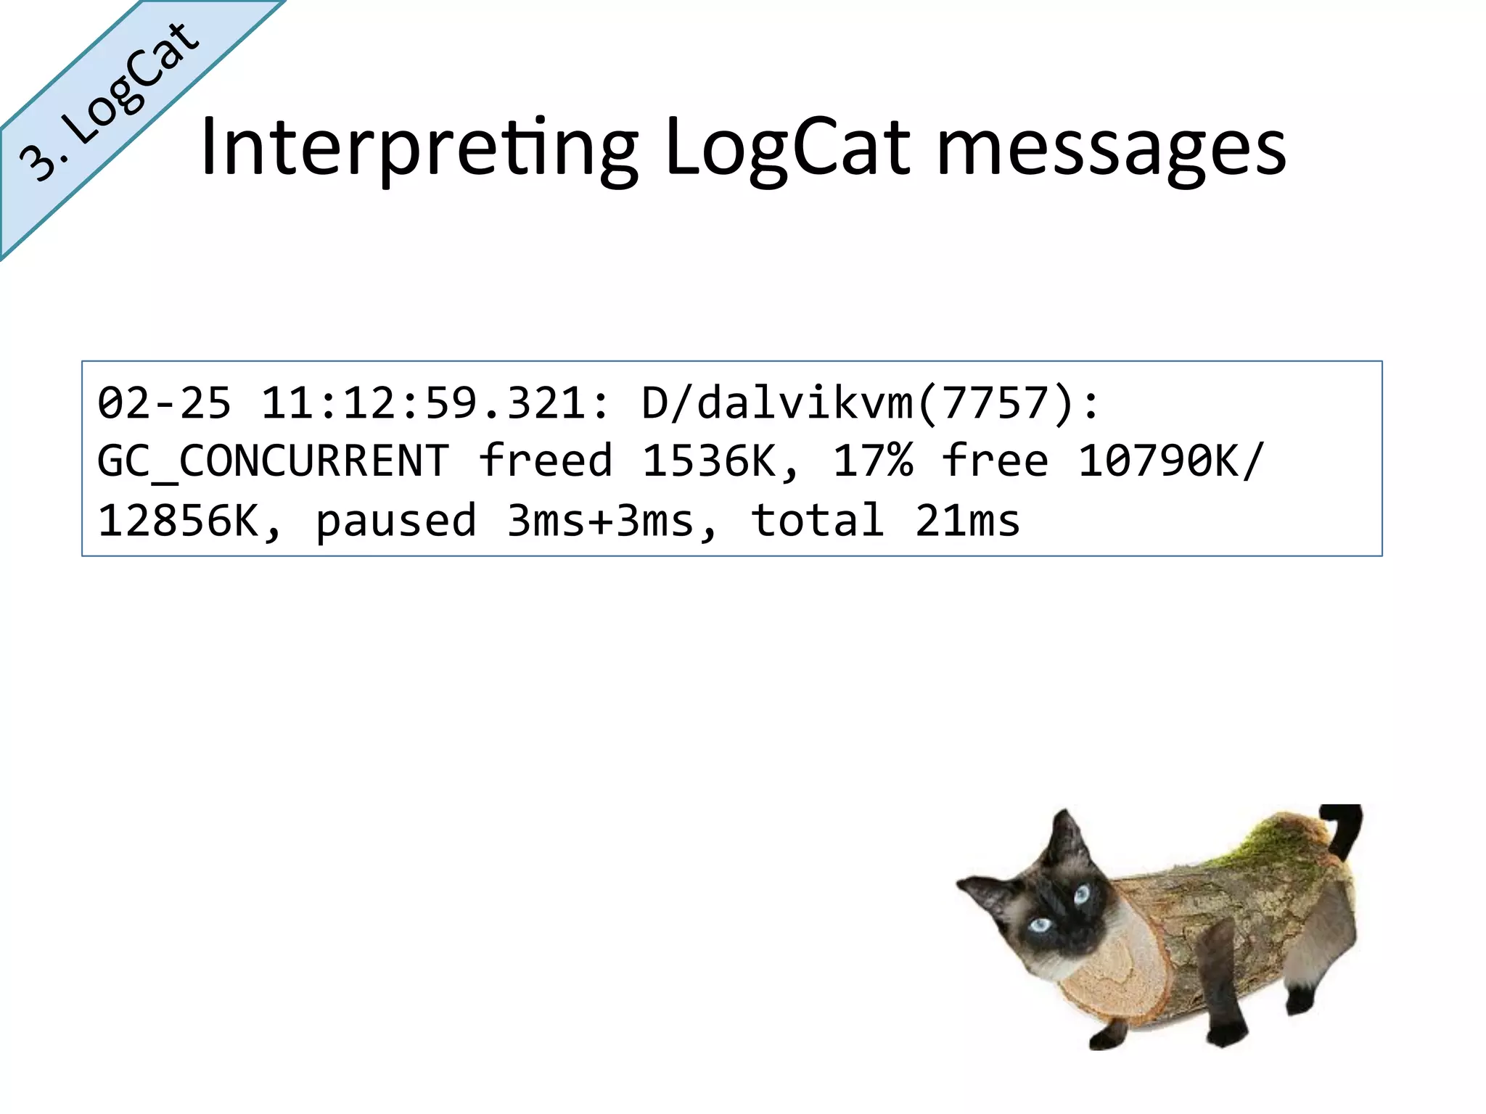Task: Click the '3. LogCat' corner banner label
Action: (109, 102)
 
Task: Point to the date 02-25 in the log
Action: (165, 403)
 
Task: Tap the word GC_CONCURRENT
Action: (274, 461)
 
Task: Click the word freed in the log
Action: (546, 461)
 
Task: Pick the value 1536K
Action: (718, 461)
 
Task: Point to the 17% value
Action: (873, 461)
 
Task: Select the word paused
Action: (396, 521)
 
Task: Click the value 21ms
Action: (967, 521)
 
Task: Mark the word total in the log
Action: (818, 521)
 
